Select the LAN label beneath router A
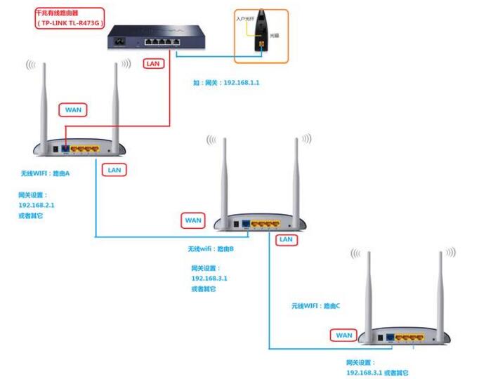(113, 169)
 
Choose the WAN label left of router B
(193, 220)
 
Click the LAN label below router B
(285, 239)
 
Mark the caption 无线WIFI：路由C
(316, 306)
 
